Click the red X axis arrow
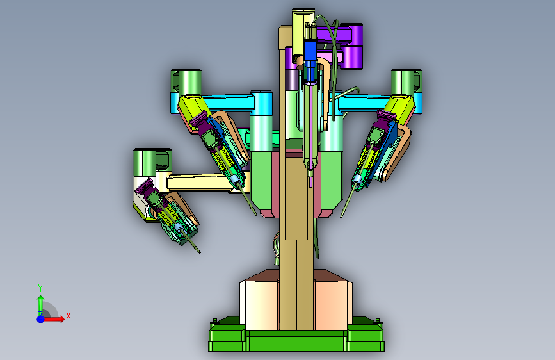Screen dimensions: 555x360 pyautogui.click(x=53, y=319)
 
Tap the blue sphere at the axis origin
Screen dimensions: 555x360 pyautogui.click(x=41, y=319)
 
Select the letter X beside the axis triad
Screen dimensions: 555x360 pyautogui.click(x=68, y=316)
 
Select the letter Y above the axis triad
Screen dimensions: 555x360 pyautogui.click(x=40, y=288)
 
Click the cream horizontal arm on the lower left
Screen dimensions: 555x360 pyautogui.click(x=199, y=182)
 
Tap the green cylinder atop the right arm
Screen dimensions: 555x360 pyautogui.click(x=403, y=82)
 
